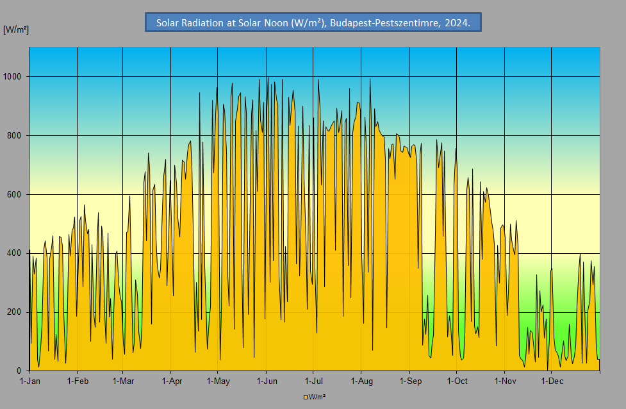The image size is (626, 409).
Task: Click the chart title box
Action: (x=313, y=23)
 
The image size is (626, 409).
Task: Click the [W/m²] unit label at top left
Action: (x=16, y=30)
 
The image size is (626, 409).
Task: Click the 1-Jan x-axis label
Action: (x=29, y=381)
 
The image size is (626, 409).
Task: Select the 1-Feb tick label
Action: (x=77, y=381)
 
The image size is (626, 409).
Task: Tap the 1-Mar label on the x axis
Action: (x=122, y=381)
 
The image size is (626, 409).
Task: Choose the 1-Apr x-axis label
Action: (x=170, y=381)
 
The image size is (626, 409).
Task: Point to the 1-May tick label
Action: (x=217, y=381)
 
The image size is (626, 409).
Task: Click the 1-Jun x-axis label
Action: (x=266, y=381)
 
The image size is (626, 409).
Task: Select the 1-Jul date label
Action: (x=313, y=381)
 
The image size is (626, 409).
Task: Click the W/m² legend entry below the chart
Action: (x=315, y=397)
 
